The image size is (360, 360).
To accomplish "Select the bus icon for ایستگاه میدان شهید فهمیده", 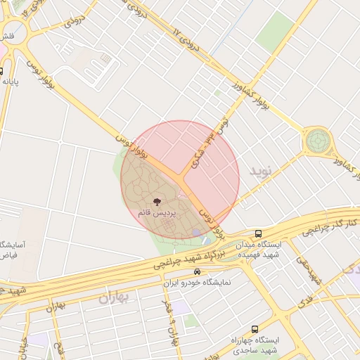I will (259, 234).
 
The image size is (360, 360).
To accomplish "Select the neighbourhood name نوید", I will (258, 170).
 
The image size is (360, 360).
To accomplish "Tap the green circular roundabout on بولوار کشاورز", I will (317, 141).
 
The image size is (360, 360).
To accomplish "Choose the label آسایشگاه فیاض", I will (12, 250).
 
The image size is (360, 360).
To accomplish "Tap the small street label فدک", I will (304, 302).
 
